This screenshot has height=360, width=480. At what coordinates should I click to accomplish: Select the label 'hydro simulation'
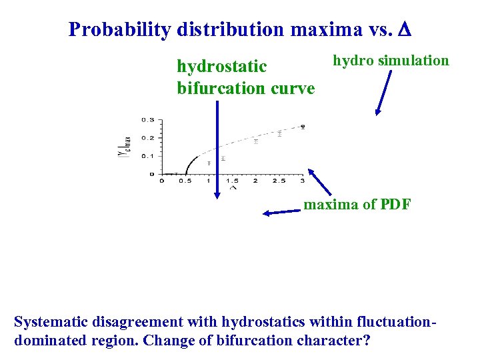coord(391,61)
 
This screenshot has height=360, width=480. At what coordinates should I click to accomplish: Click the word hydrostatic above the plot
coord(221,67)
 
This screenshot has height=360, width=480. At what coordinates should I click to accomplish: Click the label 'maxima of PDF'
coord(357,205)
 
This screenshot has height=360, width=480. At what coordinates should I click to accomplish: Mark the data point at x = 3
coord(302,126)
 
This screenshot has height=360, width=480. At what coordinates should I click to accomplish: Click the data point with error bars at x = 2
coord(255,141)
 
